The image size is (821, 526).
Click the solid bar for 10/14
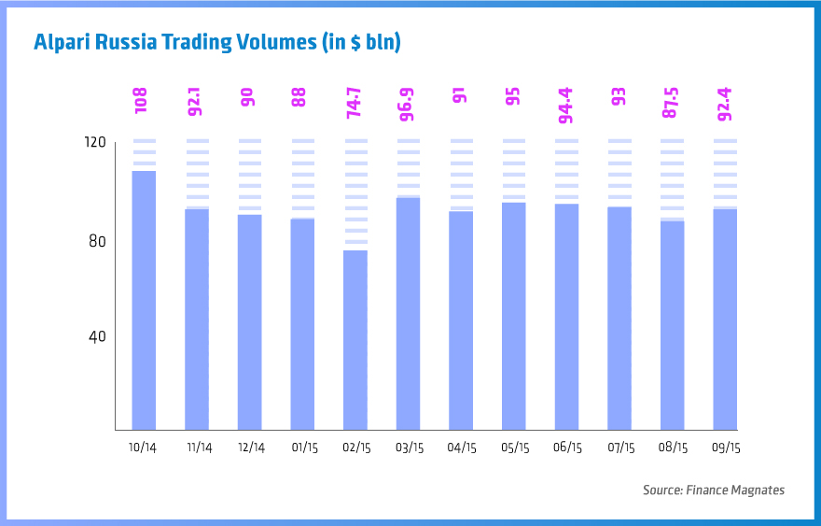[144, 300]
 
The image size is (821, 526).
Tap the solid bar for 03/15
[408, 313]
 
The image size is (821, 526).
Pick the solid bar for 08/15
[672, 325]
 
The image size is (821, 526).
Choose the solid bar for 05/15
[513, 316]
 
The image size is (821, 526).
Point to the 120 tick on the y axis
[96, 142]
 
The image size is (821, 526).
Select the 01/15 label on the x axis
[304, 448]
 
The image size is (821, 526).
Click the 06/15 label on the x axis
[567, 448]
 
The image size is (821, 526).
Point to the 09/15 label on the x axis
[726, 448]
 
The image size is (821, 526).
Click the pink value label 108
[143, 101]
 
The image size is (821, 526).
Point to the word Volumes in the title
[272, 42]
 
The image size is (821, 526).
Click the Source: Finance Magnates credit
[713, 490]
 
